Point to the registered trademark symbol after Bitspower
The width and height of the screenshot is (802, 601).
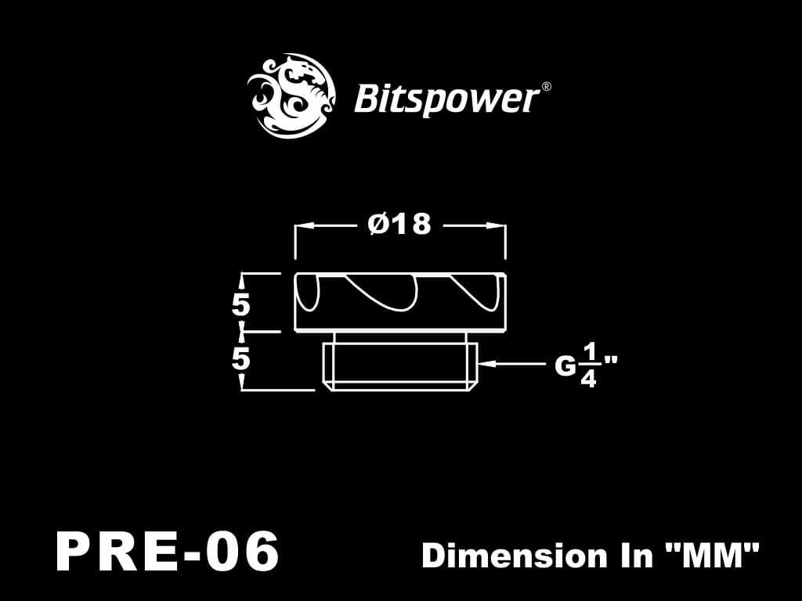546,87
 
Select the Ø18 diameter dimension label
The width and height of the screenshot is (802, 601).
399,225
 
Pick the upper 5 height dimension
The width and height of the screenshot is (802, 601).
240,304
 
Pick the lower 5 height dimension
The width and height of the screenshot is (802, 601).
240,359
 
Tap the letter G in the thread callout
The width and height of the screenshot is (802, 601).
565,365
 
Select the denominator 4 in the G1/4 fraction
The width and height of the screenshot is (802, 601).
588,380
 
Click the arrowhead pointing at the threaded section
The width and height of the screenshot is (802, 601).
483,364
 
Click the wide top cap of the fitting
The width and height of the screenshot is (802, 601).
399,301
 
